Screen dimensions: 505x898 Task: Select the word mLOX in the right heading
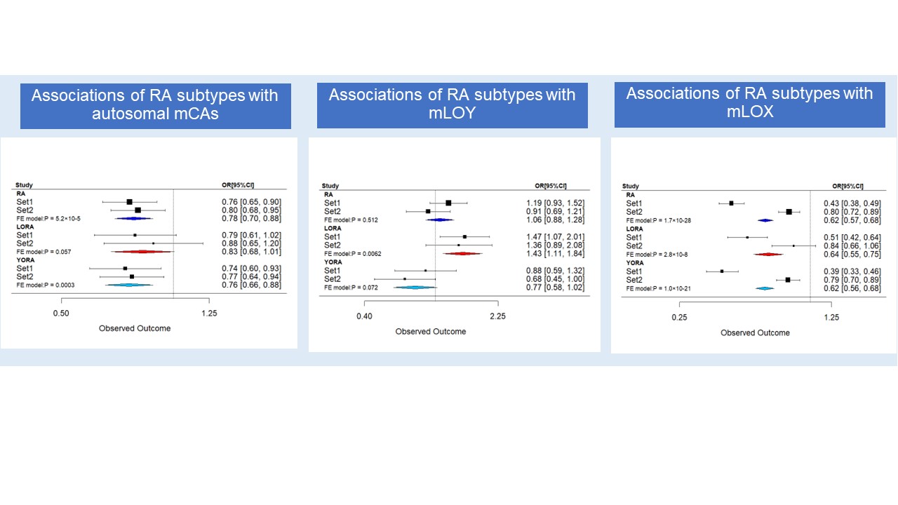point(749,111)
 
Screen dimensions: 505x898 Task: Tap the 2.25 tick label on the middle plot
point(497,316)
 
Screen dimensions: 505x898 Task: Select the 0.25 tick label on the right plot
point(679,318)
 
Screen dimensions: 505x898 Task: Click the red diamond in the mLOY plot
point(462,253)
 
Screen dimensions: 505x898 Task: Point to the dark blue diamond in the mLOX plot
point(765,220)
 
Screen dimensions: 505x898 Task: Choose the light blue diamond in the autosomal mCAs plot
point(129,285)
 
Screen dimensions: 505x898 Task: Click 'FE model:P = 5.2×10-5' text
point(48,219)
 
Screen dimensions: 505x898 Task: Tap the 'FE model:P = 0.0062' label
point(354,253)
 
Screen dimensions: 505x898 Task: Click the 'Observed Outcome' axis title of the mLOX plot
point(755,332)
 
